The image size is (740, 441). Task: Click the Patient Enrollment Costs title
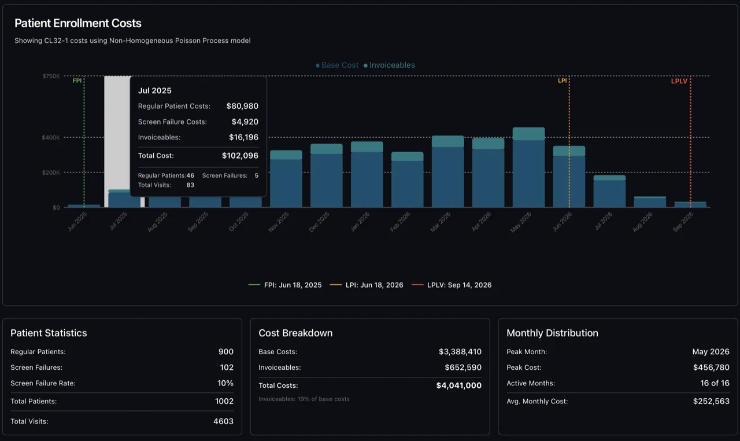pos(78,23)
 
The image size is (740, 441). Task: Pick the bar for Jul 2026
pos(609,192)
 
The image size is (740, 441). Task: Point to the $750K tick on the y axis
pos(51,76)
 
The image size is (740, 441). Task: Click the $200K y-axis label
pos(51,172)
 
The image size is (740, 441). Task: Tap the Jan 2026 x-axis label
pos(360,222)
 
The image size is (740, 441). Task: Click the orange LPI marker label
pos(562,81)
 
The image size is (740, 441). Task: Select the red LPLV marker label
pos(679,82)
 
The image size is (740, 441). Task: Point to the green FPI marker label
pos(77,81)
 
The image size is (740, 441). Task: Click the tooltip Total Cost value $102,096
pos(240,156)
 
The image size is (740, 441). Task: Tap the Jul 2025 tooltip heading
pos(155,91)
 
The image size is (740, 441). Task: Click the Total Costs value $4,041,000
pos(458,385)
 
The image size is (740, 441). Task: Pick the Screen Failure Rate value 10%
pos(225,383)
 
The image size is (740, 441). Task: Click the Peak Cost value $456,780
pos(711,367)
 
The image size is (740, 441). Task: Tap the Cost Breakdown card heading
pos(295,333)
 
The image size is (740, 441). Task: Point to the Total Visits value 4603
pos(223,421)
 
